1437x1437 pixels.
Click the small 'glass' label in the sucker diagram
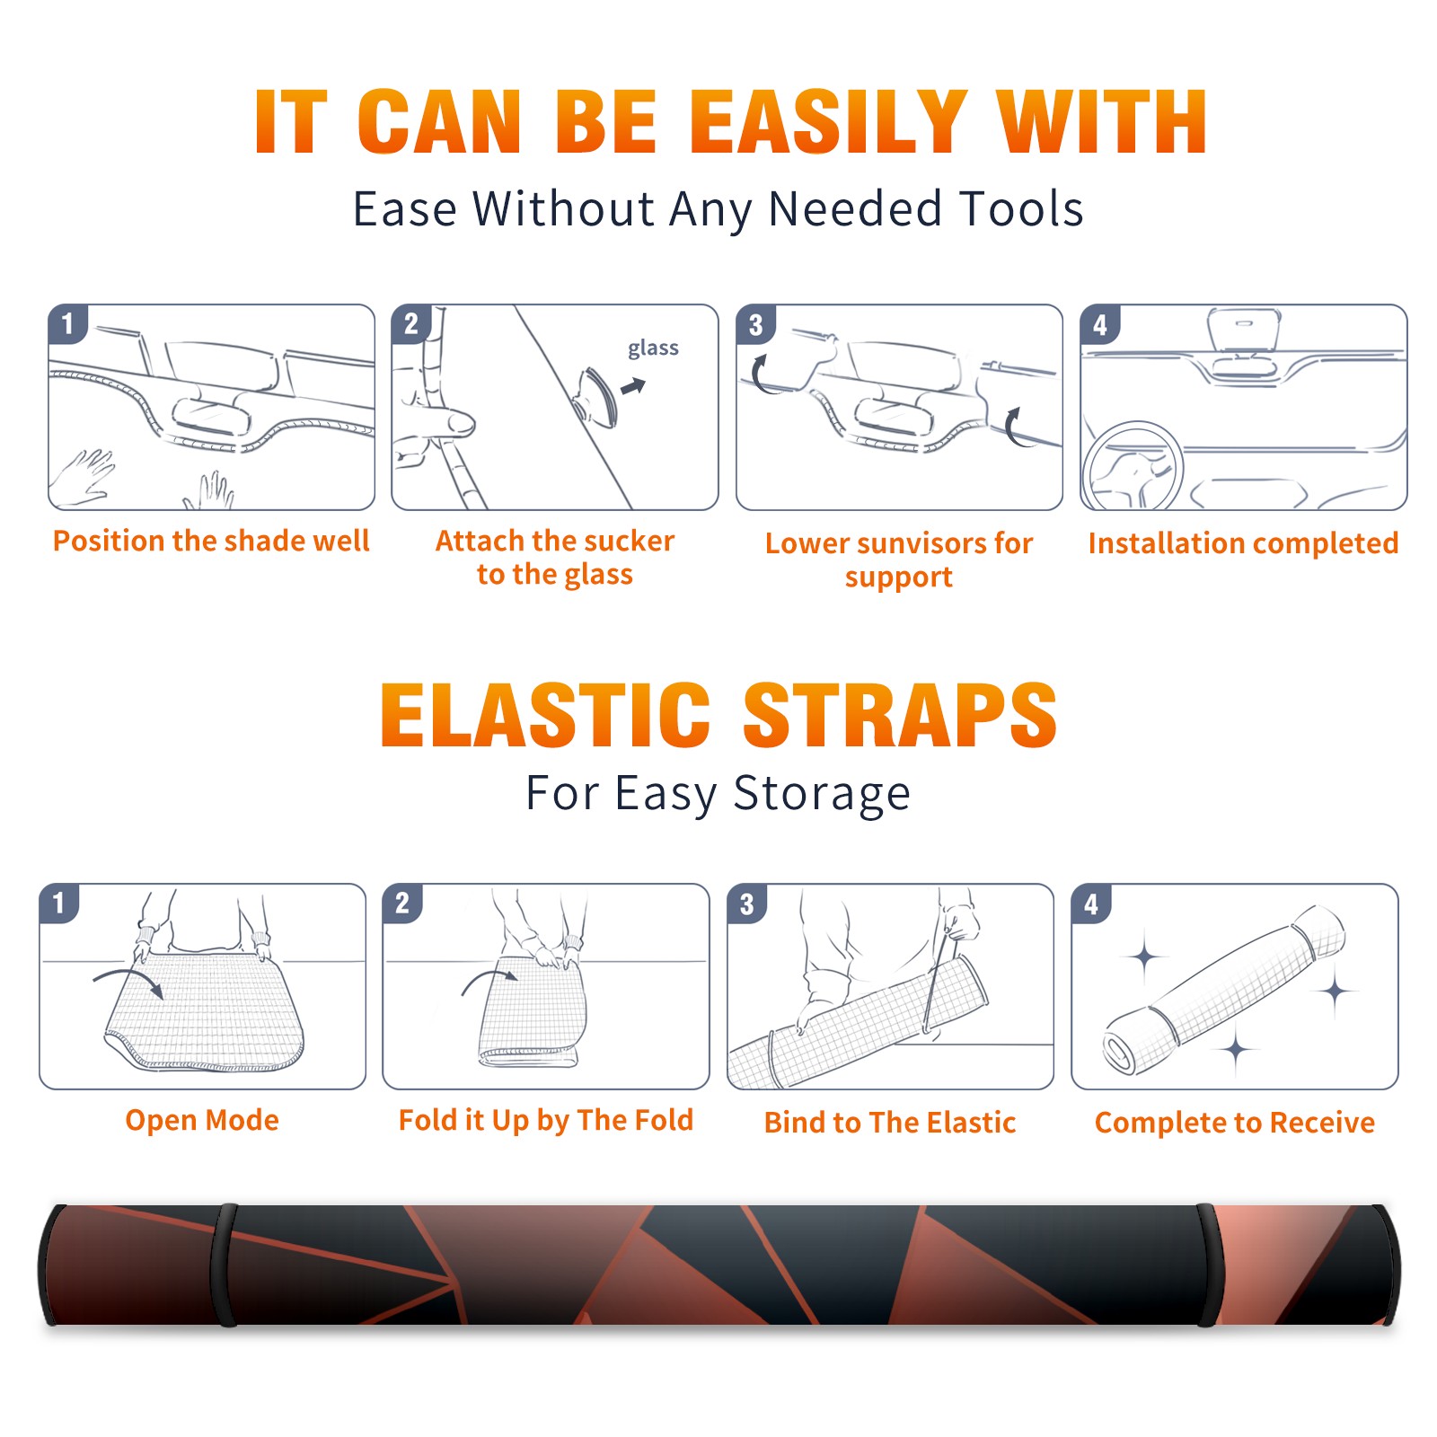click(x=653, y=348)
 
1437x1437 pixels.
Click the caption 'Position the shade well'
click(x=211, y=541)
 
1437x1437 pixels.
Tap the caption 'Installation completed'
click(x=1243, y=542)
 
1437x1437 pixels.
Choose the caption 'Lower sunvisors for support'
click(x=899, y=560)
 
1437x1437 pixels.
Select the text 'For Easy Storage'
click(x=718, y=793)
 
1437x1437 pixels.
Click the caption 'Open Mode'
click(x=202, y=1120)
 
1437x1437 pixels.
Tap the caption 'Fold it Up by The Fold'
click(x=546, y=1121)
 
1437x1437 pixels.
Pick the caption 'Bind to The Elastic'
click(x=890, y=1123)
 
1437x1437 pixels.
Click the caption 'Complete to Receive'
click(x=1235, y=1123)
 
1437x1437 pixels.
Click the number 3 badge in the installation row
click(x=755, y=325)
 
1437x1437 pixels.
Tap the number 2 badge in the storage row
click(x=402, y=904)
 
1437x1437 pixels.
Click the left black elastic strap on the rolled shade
click(x=225, y=1265)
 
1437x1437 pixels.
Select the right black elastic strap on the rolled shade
click(x=1207, y=1265)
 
